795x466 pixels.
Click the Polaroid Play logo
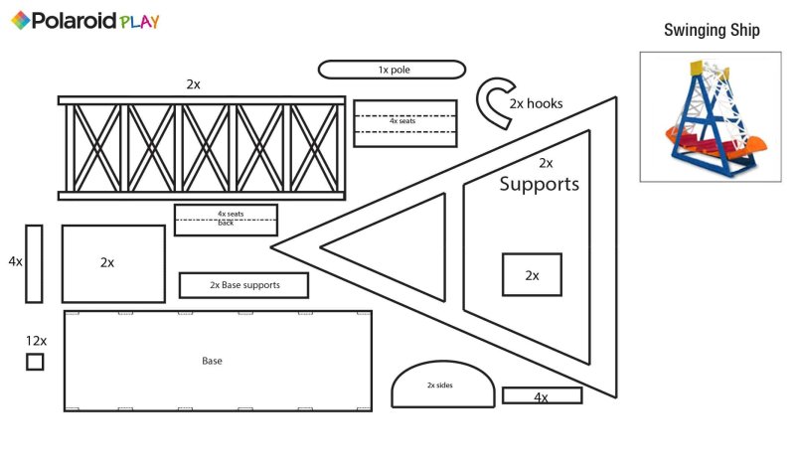click(84, 21)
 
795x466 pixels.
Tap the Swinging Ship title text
click(712, 31)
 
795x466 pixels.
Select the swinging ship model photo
click(712, 117)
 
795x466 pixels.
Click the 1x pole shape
click(392, 70)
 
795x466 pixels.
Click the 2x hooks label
click(536, 102)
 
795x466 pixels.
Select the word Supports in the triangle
click(539, 184)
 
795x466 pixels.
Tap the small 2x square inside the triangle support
click(532, 274)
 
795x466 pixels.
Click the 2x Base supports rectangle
click(243, 285)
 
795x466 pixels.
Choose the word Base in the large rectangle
click(212, 361)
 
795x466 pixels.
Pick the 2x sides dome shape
click(443, 386)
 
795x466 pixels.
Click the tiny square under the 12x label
click(35, 362)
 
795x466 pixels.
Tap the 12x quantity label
click(36, 341)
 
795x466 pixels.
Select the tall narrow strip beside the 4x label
click(34, 263)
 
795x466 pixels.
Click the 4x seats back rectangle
click(226, 220)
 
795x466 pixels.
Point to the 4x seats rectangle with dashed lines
click(404, 123)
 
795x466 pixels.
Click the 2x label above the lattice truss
click(193, 84)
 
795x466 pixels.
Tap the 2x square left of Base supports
click(113, 263)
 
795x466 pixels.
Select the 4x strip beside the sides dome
click(542, 395)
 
